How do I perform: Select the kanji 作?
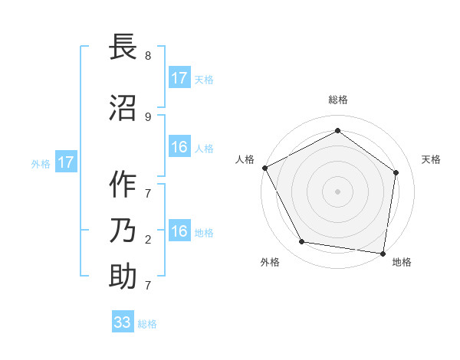[x=123, y=185]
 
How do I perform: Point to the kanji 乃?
[x=123, y=231]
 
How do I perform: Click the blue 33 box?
[x=123, y=322]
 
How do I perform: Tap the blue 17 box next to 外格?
[x=65, y=162]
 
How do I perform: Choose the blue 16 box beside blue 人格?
[x=179, y=147]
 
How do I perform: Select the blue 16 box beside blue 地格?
[x=179, y=232]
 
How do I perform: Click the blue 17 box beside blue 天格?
[x=179, y=78]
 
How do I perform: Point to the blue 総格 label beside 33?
[x=147, y=324]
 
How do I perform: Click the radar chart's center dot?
[x=337, y=191]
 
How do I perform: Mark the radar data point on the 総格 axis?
[x=337, y=130]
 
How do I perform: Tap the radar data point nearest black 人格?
[x=264, y=168]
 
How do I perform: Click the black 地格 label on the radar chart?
[x=402, y=262]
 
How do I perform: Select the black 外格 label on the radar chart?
[x=270, y=262]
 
